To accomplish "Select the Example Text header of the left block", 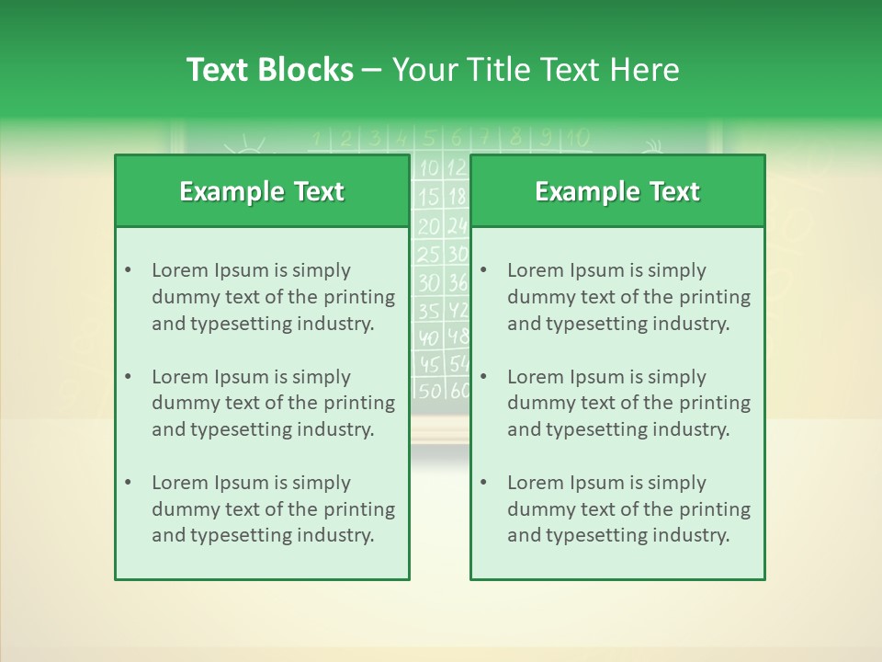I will pyautogui.click(x=262, y=191).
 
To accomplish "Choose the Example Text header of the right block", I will pyautogui.click(x=617, y=191).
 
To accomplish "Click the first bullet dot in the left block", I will pyautogui.click(x=128, y=270).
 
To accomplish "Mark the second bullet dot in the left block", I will pyautogui.click(x=128, y=377).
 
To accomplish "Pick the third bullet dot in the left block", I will pyautogui.click(x=128, y=483).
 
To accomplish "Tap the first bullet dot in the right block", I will pyautogui.click(x=483, y=270).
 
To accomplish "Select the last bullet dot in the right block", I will pyautogui.click(x=483, y=483).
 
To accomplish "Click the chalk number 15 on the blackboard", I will pyautogui.click(x=429, y=197).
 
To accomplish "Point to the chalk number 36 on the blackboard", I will pyautogui.click(x=458, y=282).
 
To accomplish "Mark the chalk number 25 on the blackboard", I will pyautogui.click(x=429, y=254).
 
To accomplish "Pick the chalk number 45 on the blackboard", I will pyautogui.click(x=430, y=363).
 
